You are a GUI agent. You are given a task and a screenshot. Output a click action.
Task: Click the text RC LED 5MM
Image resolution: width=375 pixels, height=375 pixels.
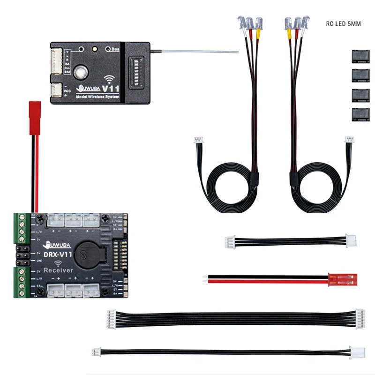click(343, 23)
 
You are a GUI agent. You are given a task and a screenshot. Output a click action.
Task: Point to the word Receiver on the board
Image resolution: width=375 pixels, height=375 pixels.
click(58, 270)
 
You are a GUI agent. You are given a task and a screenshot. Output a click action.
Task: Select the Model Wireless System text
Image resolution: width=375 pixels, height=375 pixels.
click(97, 97)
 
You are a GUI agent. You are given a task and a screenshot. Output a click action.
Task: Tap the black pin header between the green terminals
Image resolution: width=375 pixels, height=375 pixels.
click(22, 254)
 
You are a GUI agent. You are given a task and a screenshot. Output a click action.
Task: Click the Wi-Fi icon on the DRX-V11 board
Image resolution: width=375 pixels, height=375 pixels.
click(59, 262)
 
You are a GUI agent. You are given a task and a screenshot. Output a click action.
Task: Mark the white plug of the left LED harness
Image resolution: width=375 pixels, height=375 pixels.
click(198, 140)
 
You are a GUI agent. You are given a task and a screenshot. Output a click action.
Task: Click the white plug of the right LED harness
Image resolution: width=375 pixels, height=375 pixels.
click(349, 140)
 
